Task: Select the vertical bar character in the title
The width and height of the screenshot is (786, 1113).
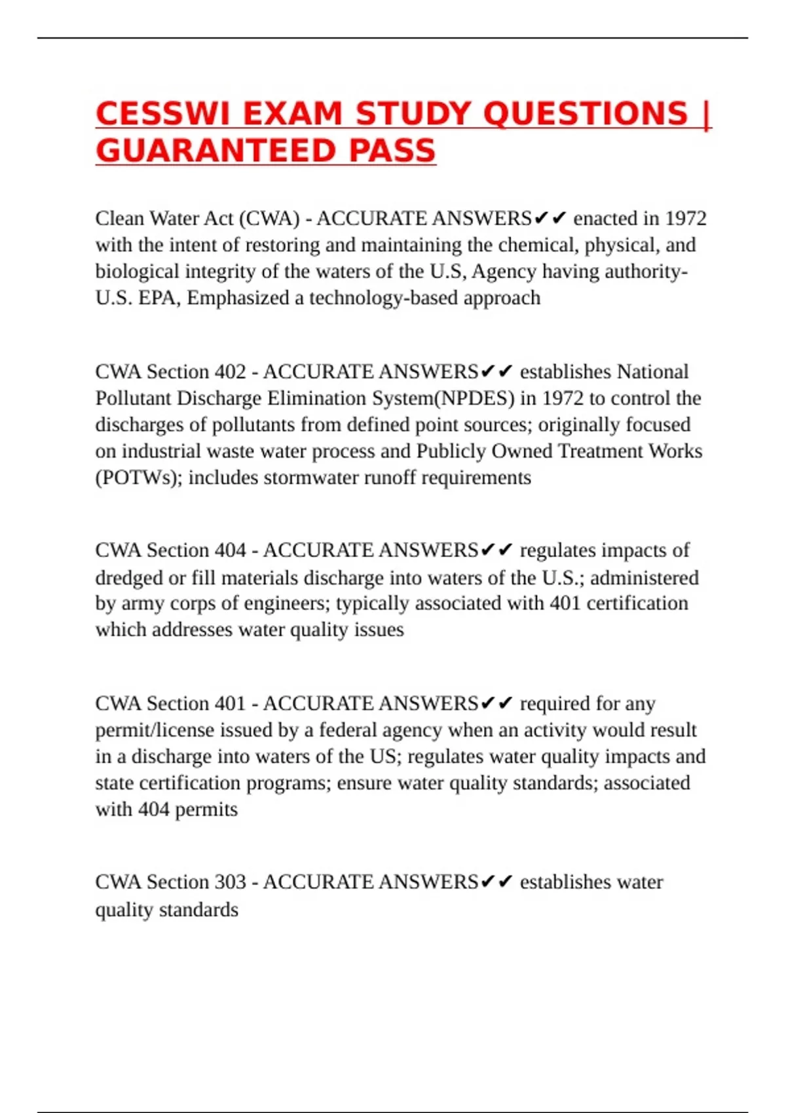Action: pos(706,115)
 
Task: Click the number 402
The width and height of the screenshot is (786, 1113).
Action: pos(230,372)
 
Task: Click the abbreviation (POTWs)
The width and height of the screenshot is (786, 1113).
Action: pos(139,478)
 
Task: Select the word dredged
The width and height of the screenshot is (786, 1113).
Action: pos(128,578)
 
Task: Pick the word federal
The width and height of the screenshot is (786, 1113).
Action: pos(348,730)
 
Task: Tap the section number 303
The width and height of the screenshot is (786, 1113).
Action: pos(230,882)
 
